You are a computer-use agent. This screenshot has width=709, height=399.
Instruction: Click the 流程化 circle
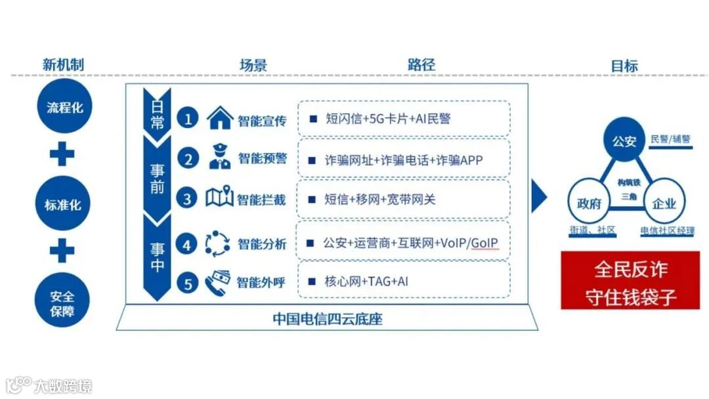[x=64, y=106]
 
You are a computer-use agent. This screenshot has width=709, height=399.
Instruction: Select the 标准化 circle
[x=63, y=204]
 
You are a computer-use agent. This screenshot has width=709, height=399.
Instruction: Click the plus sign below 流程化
[x=63, y=154]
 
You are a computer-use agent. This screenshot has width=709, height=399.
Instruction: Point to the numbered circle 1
[x=188, y=119]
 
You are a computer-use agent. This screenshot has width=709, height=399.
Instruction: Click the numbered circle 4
[x=188, y=244]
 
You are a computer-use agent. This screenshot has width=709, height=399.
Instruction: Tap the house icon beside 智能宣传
[x=219, y=119]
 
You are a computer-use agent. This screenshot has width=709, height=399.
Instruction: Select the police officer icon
[x=219, y=158]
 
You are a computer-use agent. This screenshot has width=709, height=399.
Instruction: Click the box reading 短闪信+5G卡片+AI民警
[x=404, y=119]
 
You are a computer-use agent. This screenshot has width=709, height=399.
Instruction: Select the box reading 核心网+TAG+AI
[x=404, y=282]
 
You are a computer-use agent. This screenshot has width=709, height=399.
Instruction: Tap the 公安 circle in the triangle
[x=624, y=140]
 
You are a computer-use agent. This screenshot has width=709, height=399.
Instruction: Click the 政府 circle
[x=588, y=203]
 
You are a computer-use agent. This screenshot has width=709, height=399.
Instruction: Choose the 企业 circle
[x=664, y=203]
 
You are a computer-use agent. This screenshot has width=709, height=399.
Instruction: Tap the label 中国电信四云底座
[x=327, y=320]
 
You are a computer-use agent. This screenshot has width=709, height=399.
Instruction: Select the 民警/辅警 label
[x=670, y=139]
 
